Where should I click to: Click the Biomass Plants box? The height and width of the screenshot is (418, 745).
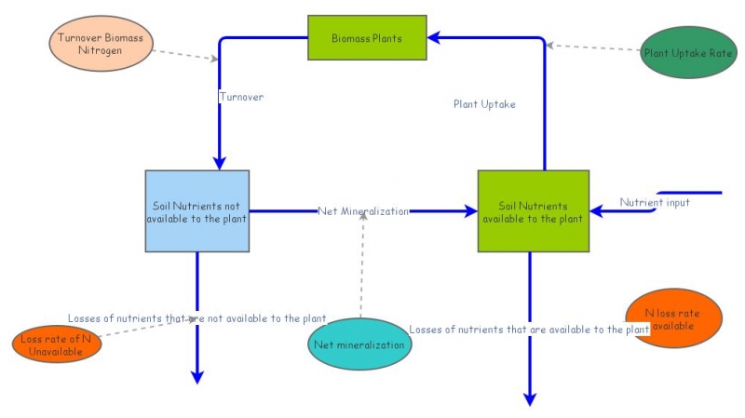point(367,38)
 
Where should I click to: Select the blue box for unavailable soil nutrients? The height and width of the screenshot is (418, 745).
point(196,211)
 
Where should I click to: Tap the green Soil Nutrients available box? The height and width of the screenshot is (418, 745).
point(533,211)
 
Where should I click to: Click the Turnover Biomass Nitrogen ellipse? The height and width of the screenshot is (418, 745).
point(100,43)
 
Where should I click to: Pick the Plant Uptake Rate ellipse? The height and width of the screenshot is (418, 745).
point(688,52)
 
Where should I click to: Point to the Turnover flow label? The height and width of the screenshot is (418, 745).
point(241,96)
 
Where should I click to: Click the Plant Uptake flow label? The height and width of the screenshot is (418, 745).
point(484,104)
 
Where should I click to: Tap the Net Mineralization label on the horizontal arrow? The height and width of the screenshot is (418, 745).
point(362,211)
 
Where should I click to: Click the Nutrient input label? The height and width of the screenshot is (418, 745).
point(655,202)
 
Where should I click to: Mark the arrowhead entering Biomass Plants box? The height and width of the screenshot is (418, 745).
point(435,38)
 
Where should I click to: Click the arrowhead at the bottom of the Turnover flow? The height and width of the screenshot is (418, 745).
point(219,163)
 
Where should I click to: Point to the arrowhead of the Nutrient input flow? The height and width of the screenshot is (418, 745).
point(597,211)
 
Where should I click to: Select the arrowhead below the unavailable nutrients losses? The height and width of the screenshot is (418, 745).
point(197,376)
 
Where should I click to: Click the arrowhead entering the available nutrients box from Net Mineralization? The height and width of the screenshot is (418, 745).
point(470,211)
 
